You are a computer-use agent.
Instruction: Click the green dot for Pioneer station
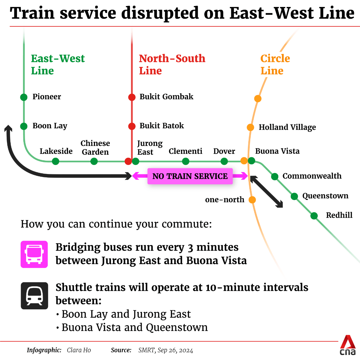pos(24,97)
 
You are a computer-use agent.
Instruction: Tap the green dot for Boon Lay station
pos(24,126)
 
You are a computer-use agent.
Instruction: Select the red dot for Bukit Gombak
pos(132,97)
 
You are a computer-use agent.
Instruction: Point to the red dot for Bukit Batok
pos(132,126)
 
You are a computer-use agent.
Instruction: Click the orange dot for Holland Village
pos(250,127)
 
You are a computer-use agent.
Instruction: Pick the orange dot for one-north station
pos(252,200)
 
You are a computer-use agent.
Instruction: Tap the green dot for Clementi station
pos(186,161)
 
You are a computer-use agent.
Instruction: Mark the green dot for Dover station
pos(224,161)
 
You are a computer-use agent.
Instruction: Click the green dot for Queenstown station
pos(294,196)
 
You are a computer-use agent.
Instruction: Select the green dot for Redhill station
pos(314,216)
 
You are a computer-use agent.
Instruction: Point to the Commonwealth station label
pos(312,176)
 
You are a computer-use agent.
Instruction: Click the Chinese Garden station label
pos(95,148)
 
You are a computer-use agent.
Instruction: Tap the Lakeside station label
pos(56,151)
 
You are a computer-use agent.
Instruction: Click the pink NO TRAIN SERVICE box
pos(190,176)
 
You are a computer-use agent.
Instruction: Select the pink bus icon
pos(34,254)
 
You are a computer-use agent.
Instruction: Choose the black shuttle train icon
pos(34,296)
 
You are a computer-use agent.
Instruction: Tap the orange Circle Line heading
pos(275,65)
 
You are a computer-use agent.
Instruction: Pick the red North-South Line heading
pos(172,65)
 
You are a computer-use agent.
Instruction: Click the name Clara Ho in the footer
pos(79,350)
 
